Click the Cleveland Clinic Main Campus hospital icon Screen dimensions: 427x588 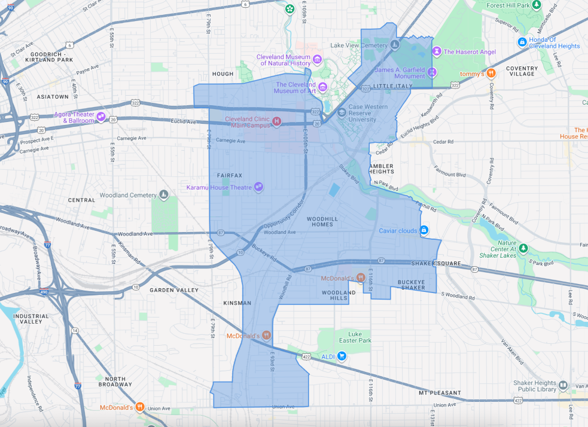(x=276, y=121)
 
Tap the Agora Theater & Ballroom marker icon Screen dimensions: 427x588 (x=101, y=117)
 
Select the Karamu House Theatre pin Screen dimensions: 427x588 (x=258, y=187)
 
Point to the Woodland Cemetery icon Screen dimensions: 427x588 (x=163, y=195)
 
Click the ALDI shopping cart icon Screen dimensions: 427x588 (x=342, y=356)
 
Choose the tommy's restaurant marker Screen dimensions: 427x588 (x=490, y=74)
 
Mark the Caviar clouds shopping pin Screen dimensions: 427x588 (x=424, y=230)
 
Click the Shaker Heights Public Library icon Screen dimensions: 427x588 (x=562, y=385)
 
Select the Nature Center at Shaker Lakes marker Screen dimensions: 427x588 (x=523, y=248)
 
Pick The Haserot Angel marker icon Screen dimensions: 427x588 (x=437, y=51)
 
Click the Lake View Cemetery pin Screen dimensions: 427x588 (x=395, y=45)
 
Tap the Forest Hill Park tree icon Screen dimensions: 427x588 (x=537, y=5)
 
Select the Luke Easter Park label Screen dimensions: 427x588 (x=359, y=337)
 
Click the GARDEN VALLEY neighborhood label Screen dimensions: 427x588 (x=174, y=290)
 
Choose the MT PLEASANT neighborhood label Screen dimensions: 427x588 (x=440, y=393)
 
